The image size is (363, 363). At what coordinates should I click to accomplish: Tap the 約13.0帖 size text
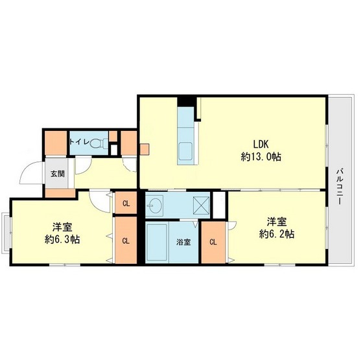[x=261, y=156]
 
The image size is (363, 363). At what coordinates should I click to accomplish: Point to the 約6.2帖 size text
[x=277, y=233]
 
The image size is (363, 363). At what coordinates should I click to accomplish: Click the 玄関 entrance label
[x=56, y=174]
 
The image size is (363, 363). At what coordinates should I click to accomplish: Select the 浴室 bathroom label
[x=184, y=243]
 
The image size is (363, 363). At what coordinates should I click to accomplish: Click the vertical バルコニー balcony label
[x=338, y=185]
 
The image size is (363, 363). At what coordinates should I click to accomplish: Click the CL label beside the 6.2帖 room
[x=213, y=242]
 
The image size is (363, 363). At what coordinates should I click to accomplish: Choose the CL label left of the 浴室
[x=126, y=240]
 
